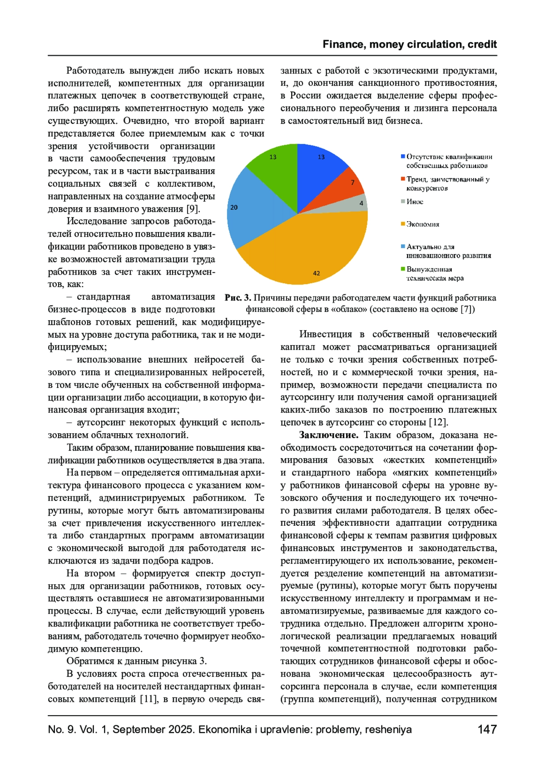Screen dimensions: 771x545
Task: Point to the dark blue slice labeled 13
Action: point(320,168)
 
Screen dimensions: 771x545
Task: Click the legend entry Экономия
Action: point(423,224)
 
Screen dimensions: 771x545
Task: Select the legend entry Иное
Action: point(415,202)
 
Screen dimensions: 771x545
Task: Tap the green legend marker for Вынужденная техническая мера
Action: point(403,269)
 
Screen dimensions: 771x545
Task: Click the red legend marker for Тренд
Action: point(403,179)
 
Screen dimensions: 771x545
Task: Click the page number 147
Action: point(487,730)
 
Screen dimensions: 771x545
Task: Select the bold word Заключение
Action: point(328,435)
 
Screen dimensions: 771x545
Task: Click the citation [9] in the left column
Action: point(193,209)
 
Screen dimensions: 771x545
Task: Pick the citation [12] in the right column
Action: point(438,422)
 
